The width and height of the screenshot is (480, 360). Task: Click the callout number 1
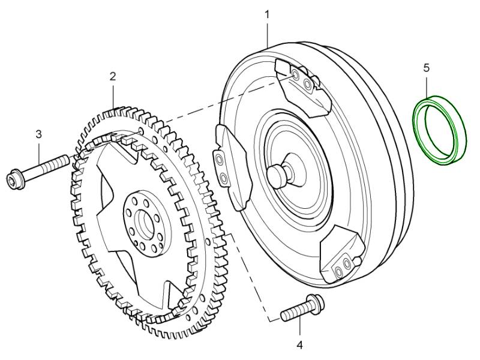[x=268, y=13]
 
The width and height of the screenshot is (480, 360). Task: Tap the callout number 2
[x=113, y=76]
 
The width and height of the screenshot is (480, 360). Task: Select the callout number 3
[x=38, y=134]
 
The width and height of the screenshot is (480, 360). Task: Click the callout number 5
[x=427, y=68]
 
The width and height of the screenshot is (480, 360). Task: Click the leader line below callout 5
[x=427, y=83]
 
